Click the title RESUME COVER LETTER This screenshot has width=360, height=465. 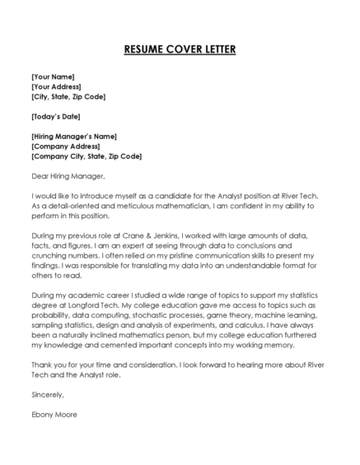[x=180, y=50]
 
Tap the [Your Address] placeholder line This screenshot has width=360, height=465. [x=56, y=86]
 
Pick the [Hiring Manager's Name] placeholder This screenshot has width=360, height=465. [x=73, y=136]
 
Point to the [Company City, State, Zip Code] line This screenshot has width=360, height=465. [x=86, y=156]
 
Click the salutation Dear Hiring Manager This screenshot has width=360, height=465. [x=68, y=175]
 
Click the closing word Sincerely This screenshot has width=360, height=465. [x=47, y=394]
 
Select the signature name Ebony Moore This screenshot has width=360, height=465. [x=54, y=414]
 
